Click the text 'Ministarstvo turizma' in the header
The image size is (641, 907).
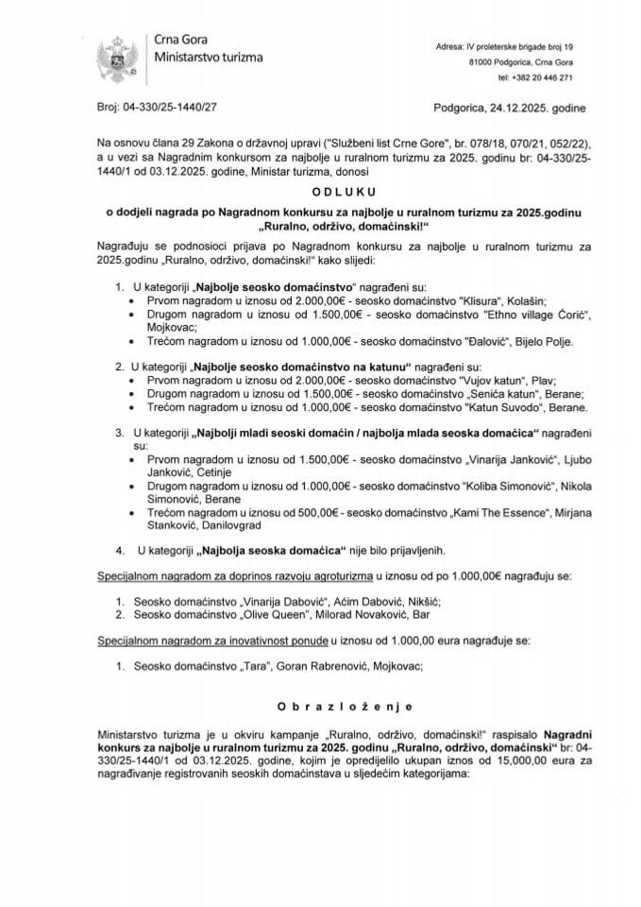(x=209, y=58)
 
